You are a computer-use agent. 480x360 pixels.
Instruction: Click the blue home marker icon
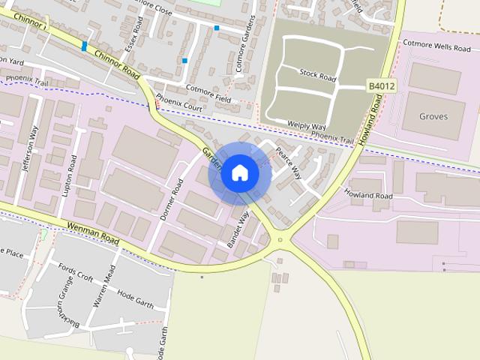click(x=239, y=173)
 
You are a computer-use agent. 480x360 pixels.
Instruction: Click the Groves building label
click(x=433, y=116)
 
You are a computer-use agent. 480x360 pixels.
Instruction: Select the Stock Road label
click(x=317, y=74)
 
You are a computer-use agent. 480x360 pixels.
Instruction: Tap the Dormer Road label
click(x=172, y=199)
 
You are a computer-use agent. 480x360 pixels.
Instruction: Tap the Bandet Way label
click(x=238, y=230)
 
